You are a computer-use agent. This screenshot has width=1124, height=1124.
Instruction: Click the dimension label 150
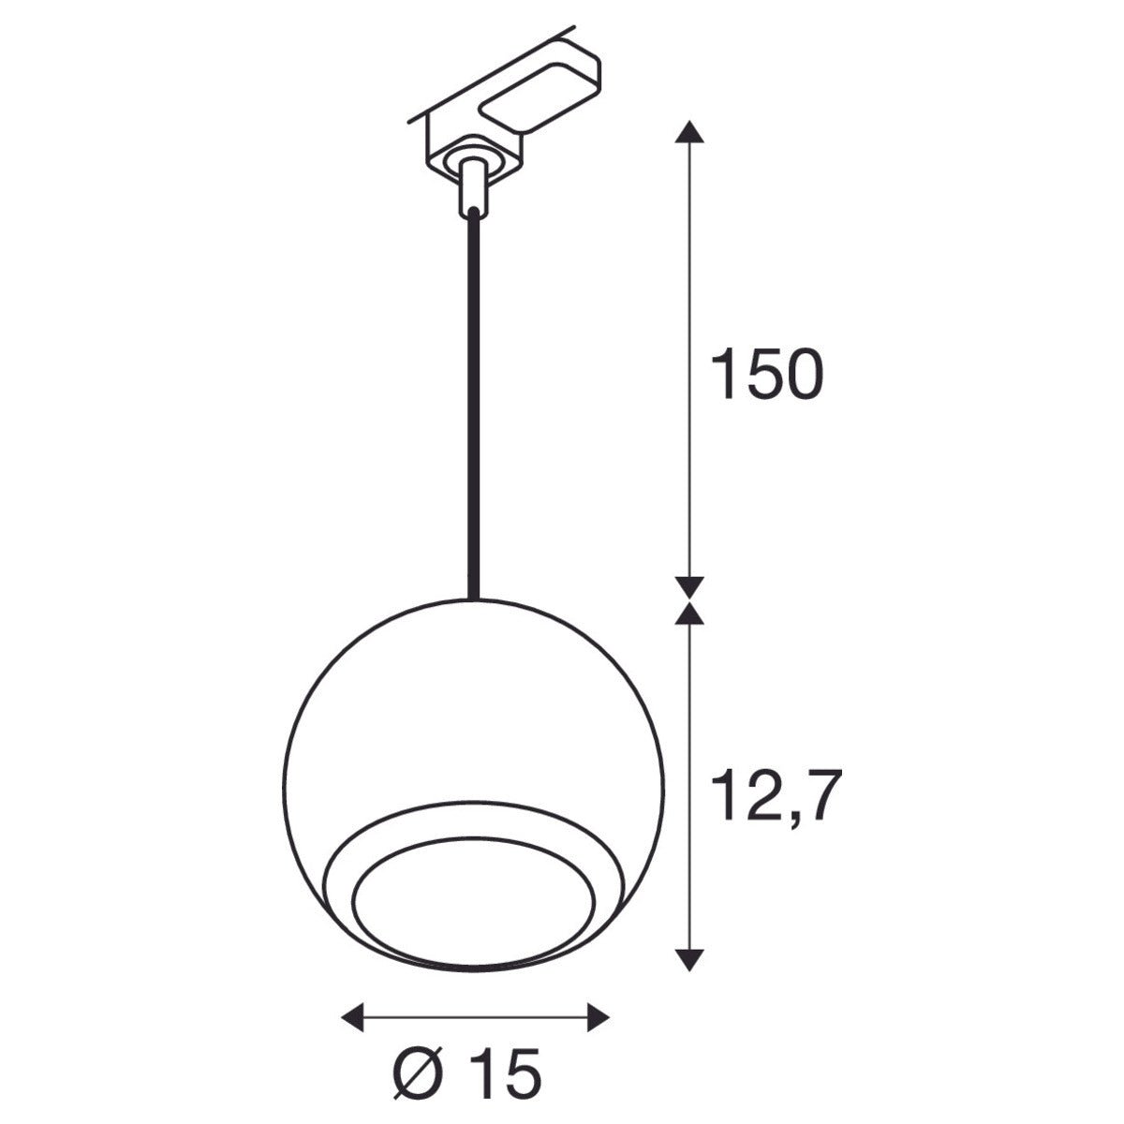[x=766, y=375]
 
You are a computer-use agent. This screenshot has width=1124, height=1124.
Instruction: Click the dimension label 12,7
[x=771, y=796]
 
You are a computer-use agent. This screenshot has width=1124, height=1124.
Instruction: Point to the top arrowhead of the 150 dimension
[x=690, y=132]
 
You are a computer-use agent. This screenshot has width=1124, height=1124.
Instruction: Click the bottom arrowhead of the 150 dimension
[x=690, y=586]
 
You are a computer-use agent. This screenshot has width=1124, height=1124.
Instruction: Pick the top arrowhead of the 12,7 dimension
[x=690, y=614]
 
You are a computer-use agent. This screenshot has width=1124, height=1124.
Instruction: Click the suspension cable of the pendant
[x=473, y=403]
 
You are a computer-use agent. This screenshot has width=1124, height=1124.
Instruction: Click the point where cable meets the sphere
[x=473, y=598]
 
